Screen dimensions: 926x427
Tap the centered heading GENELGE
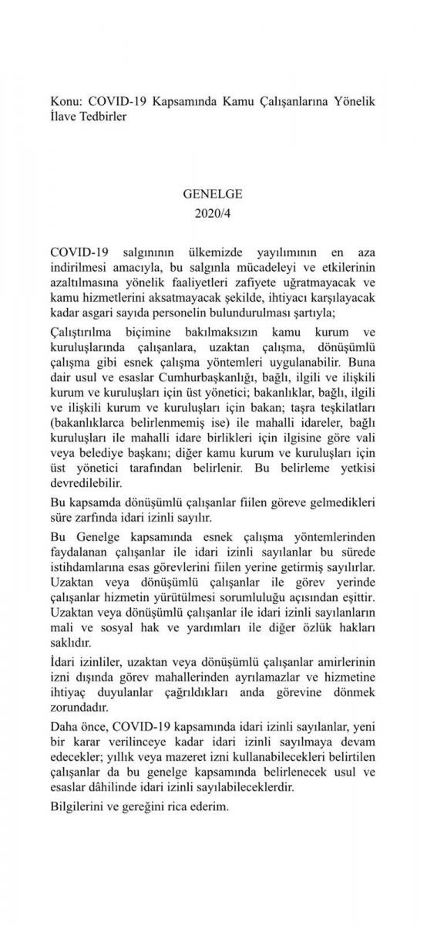[x=213, y=195]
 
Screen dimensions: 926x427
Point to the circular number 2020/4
[x=213, y=212]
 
